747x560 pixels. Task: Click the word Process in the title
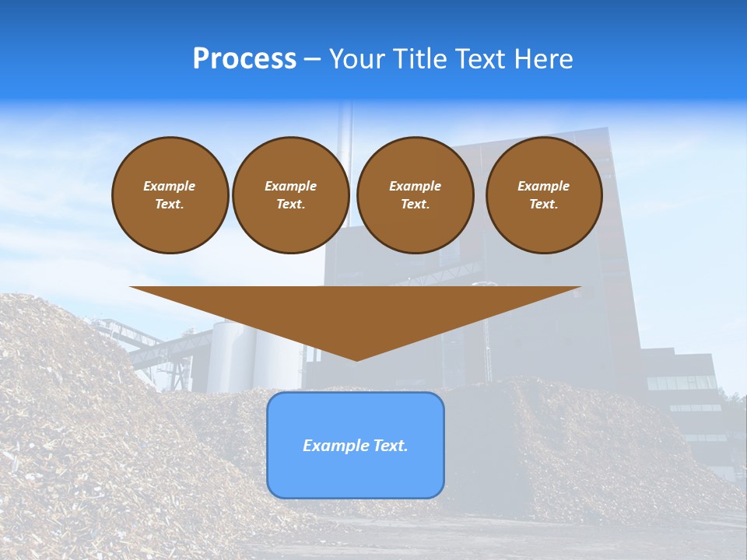244,59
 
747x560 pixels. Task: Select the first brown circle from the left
170,195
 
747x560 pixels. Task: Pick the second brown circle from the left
291,195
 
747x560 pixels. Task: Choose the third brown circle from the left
415,195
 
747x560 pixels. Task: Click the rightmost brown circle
544,195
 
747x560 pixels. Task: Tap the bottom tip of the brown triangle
356,359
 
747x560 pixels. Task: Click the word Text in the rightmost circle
542,205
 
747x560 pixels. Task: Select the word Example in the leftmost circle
170,186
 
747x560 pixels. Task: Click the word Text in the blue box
389,446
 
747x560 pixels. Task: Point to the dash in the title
313,60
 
